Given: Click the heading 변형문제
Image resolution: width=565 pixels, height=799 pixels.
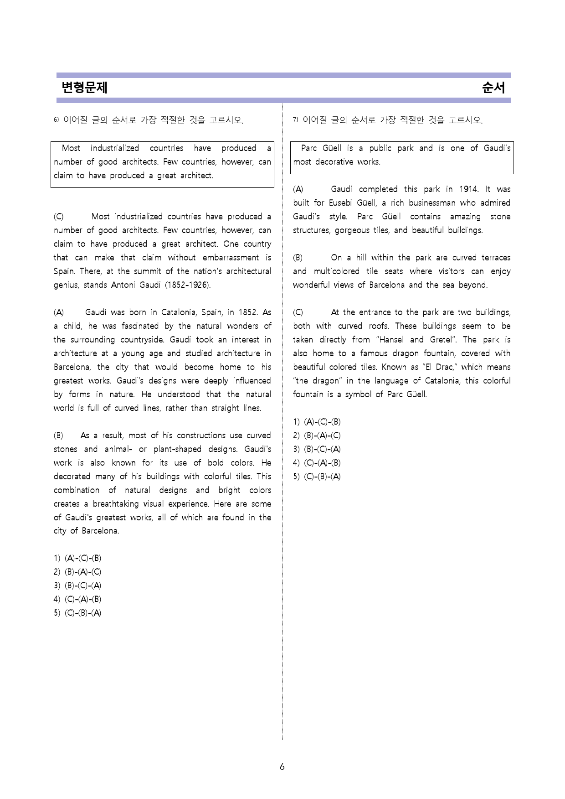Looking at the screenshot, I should point(84,87).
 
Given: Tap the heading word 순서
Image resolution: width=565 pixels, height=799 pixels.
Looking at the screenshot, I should point(493,87).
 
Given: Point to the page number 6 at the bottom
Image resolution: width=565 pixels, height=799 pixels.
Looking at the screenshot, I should point(282,767).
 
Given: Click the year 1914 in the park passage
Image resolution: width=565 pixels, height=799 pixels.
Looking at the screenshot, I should point(469,189).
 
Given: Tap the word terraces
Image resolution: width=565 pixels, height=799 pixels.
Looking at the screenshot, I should point(496,258).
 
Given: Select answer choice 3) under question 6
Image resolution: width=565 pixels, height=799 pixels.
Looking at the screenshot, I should point(77,586).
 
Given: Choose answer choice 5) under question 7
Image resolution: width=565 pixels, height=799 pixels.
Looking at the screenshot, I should point(317,477).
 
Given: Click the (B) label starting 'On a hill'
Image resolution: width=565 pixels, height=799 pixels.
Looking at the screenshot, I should point(298,258).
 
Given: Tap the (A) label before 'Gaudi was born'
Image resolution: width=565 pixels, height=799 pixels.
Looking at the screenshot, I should point(59,312).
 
